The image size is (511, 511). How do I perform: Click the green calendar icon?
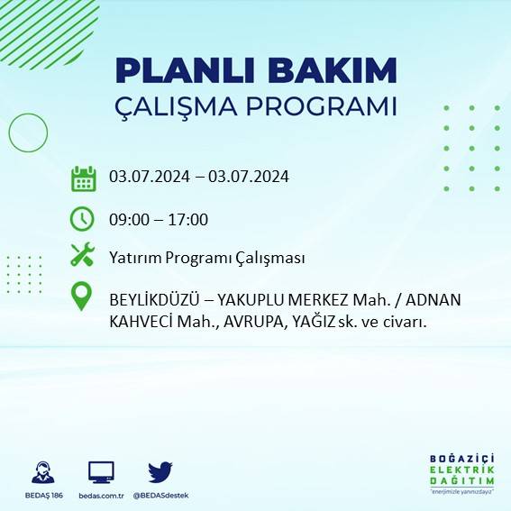[x=83, y=178]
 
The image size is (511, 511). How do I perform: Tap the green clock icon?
[x=83, y=219]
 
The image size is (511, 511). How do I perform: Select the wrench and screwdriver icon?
[x=83, y=256]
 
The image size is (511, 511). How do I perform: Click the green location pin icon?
[x=83, y=297]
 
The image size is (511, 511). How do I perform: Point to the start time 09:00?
[x=128, y=219]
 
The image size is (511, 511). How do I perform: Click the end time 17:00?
[x=189, y=219]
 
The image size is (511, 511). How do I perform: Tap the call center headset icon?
[x=41, y=471]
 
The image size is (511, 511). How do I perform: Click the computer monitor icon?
[x=101, y=471]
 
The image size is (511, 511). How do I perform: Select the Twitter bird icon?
[x=160, y=471]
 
